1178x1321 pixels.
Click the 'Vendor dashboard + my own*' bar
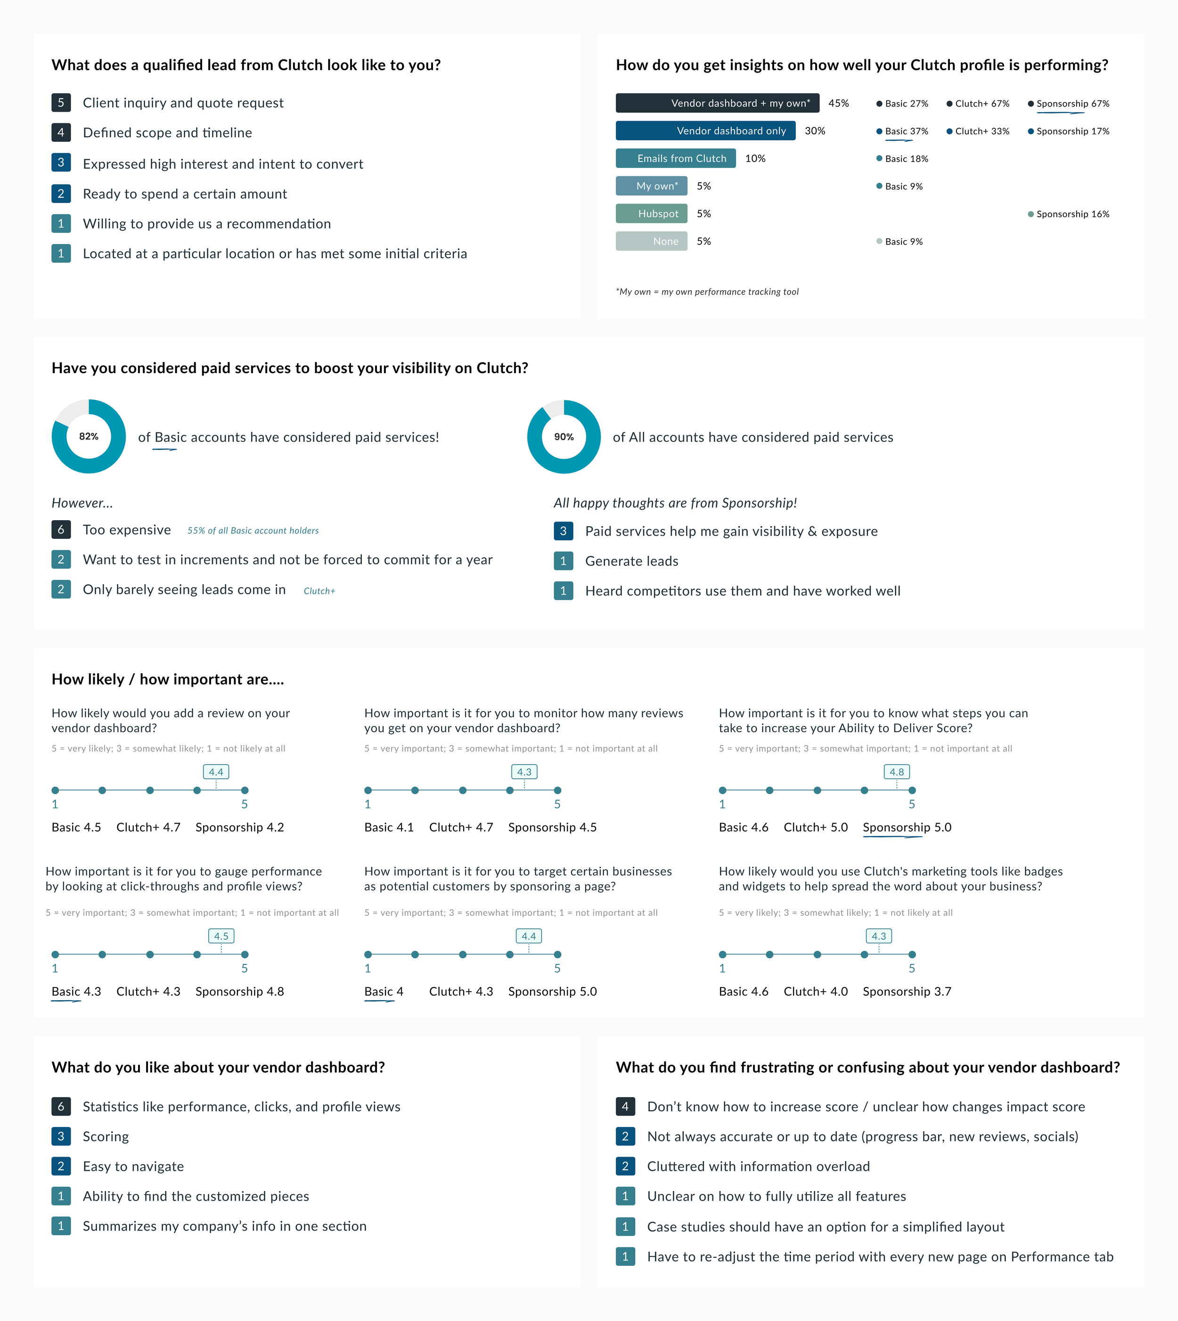(x=717, y=103)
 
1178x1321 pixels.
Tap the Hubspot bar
(x=651, y=213)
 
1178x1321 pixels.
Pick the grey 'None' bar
(x=651, y=241)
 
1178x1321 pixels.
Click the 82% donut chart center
(x=89, y=436)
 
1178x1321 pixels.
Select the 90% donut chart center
(x=564, y=436)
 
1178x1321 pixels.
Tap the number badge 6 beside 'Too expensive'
(x=61, y=530)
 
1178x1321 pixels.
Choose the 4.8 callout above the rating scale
(x=896, y=772)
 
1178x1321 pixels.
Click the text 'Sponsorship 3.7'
(x=907, y=992)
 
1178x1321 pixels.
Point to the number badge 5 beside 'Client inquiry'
(x=61, y=102)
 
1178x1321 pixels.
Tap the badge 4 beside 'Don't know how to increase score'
(x=625, y=1106)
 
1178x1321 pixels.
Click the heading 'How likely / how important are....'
(x=168, y=679)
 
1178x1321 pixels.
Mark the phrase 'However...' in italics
(x=82, y=503)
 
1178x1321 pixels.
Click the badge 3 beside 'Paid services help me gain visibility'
(x=563, y=531)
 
